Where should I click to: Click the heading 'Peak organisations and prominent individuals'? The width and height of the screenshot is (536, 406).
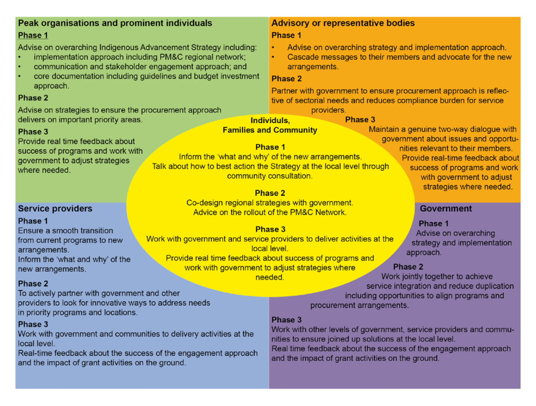pyautogui.click(x=115, y=23)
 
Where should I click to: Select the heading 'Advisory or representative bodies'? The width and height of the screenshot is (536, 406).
pyautogui.click(x=343, y=23)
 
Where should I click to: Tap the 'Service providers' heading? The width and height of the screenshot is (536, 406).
pyautogui.click(x=55, y=209)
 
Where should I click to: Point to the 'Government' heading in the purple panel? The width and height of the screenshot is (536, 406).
pyautogui.click(x=446, y=209)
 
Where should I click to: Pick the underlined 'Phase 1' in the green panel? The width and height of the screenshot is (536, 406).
pyautogui.click(x=33, y=35)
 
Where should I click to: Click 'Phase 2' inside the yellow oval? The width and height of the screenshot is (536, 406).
pyautogui.click(x=270, y=193)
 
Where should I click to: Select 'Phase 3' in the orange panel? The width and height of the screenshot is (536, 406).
pyautogui.click(x=360, y=119)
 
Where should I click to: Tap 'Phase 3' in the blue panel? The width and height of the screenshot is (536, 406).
pyautogui.click(x=33, y=324)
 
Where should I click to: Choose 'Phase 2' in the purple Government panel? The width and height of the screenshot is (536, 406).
pyautogui.click(x=408, y=267)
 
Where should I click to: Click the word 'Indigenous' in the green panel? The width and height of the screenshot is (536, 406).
pyautogui.click(x=119, y=47)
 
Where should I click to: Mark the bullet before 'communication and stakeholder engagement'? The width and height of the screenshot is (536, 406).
pyautogui.click(x=19, y=67)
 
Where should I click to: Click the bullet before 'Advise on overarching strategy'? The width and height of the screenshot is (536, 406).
pyautogui.click(x=273, y=47)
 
